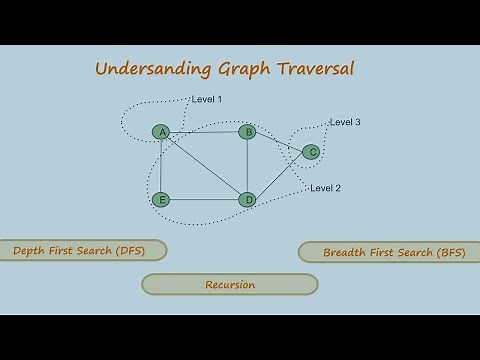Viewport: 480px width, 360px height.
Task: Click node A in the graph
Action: pos(160,132)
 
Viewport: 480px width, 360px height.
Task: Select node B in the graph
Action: pos(247,132)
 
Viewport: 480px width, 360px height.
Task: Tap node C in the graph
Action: pos(311,152)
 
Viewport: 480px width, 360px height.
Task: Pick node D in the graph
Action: pos(247,200)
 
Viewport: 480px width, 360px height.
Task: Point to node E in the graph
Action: pos(160,200)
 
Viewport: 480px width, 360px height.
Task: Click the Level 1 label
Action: pos(207,99)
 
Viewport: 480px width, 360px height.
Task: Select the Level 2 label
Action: pos(326,188)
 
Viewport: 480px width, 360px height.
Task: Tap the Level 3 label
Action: pos(345,122)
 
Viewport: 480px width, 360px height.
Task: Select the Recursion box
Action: pos(230,285)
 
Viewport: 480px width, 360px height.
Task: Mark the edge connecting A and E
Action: pos(160,166)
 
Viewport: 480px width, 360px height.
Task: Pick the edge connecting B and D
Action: pos(247,166)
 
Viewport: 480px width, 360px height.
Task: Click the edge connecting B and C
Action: pos(279,142)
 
